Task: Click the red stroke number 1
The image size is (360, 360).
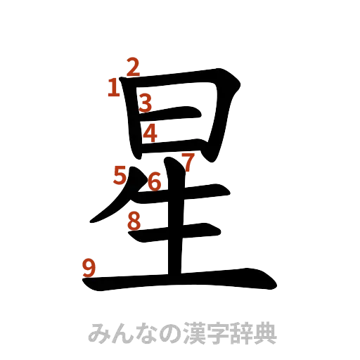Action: pyautogui.click(x=112, y=88)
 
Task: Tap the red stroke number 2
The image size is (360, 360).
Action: pyautogui.click(x=133, y=67)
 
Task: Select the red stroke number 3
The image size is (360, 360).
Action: pyautogui.click(x=145, y=103)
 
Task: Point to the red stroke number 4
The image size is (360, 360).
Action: pyautogui.click(x=150, y=132)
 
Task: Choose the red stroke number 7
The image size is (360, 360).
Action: pyautogui.click(x=187, y=160)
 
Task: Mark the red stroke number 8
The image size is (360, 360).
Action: pyautogui.click(x=134, y=221)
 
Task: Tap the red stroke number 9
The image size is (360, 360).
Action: pyautogui.click(x=89, y=268)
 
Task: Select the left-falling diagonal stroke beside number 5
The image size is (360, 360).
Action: pyautogui.click(x=112, y=208)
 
